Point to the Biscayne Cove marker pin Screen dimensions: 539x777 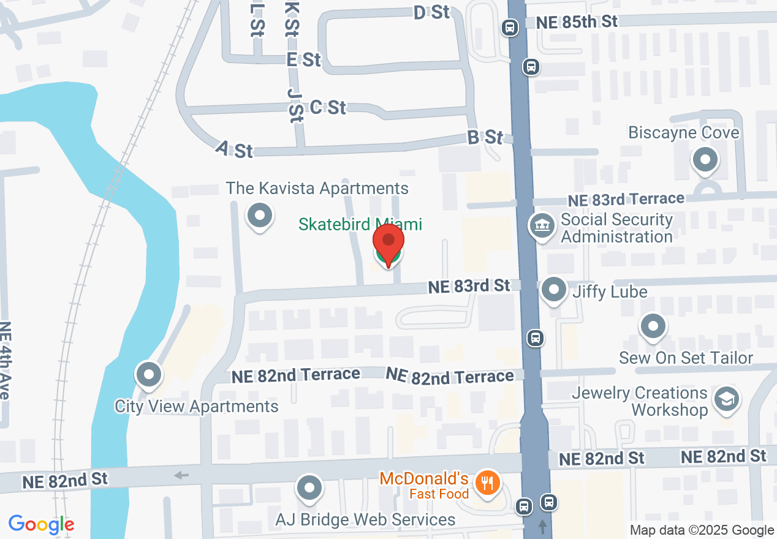point(705,160)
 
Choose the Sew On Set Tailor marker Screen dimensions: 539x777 point(654,326)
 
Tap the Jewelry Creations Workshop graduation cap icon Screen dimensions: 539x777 point(727,399)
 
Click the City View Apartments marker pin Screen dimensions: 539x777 point(148,375)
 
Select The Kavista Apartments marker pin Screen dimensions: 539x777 point(260,216)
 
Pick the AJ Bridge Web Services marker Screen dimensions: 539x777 point(309,488)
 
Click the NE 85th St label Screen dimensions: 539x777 point(577,22)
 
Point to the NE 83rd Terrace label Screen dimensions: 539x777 point(625,200)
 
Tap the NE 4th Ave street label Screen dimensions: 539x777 point(5,361)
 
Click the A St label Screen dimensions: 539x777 point(235,149)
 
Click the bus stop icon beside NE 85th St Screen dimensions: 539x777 point(509,27)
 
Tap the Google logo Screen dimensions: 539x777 point(41,525)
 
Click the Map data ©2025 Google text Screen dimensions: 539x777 point(702,530)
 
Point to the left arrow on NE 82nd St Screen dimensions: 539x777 point(181,475)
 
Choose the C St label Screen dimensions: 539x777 point(328,107)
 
